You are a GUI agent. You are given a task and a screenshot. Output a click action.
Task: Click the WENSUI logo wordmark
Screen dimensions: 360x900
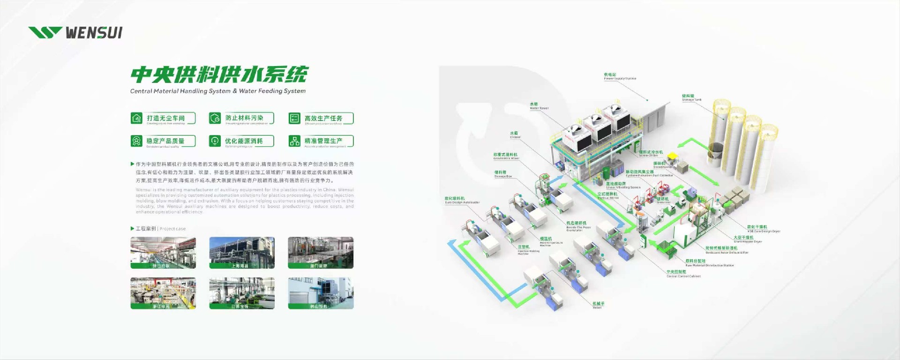[x=94, y=33]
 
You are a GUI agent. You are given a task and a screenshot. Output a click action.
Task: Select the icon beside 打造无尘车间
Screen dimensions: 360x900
[x=136, y=118]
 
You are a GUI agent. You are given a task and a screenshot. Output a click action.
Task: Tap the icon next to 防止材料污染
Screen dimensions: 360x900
[x=215, y=118]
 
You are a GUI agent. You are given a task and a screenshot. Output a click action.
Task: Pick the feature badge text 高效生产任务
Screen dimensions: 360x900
[x=323, y=118]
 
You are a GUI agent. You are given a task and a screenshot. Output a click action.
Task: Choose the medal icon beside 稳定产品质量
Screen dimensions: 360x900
[x=136, y=141]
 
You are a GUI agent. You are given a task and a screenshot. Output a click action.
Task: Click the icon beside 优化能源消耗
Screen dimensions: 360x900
[x=215, y=141]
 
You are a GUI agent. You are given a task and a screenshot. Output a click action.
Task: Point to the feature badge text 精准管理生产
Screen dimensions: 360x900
[x=323, y=141]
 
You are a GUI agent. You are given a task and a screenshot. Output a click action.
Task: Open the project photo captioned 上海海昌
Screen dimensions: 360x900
[x=242, y=252]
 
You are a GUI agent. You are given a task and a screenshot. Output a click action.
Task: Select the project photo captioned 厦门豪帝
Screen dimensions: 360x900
[x=321, y=252]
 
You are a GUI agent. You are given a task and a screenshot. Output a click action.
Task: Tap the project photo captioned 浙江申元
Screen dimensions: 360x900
[x=163, y=292]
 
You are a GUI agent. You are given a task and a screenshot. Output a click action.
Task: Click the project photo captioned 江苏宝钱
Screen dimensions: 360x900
[x=242, y=292]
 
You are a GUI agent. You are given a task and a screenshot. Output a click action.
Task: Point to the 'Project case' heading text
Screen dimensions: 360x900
[x=172, y=229]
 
